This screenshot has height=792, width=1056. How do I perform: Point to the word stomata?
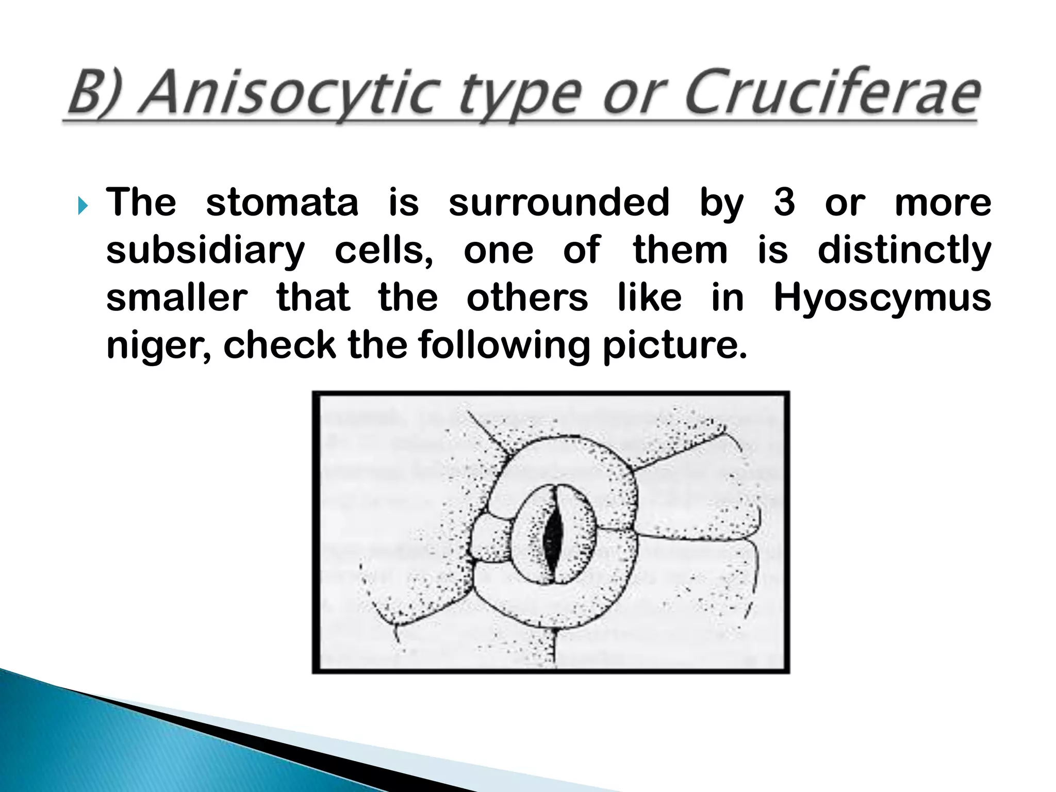[282, 203]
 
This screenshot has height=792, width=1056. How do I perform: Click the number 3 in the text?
[784, 203]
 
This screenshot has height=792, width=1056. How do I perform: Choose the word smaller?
[177, 299]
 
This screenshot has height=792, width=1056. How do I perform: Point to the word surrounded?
[559, 203]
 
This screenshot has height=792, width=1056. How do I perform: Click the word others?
[527, 299]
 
